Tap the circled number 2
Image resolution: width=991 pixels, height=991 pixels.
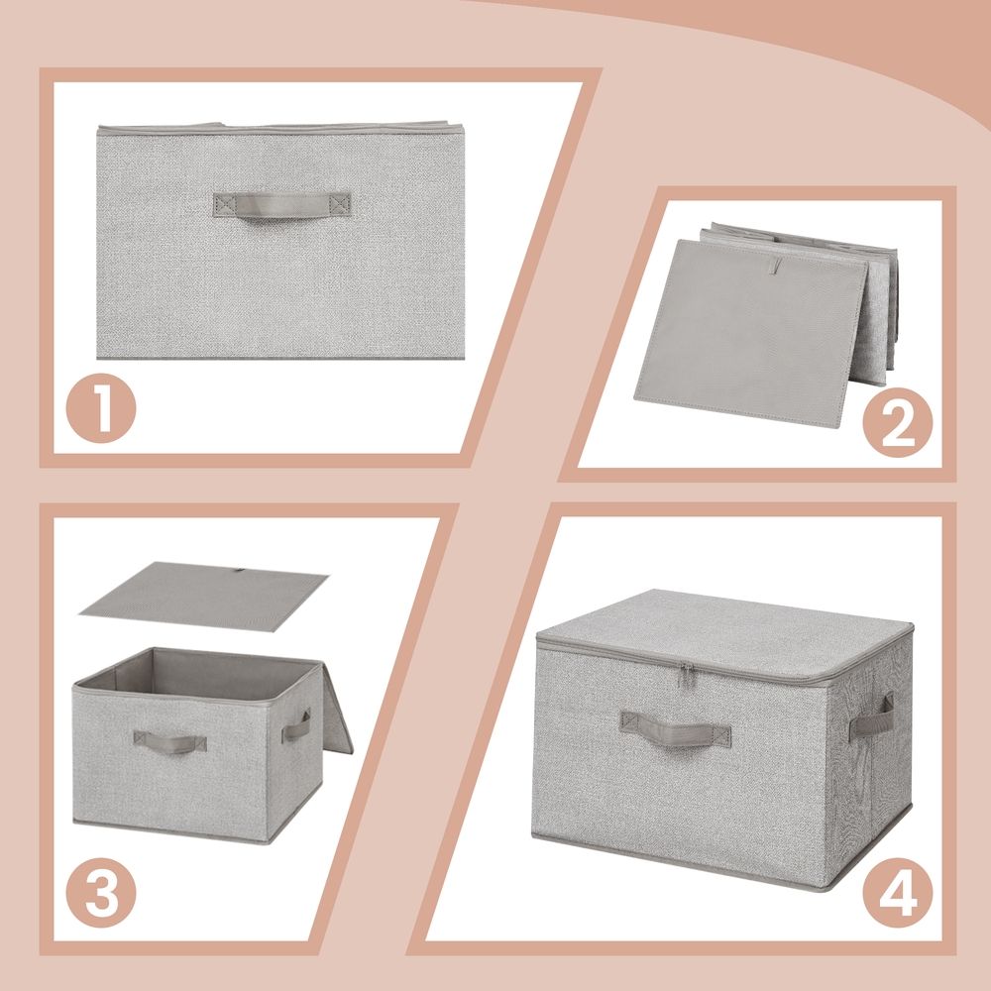click(897, 421)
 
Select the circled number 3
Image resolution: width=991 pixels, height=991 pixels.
click(101, 892)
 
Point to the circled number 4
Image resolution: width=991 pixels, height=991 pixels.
click(897, 892)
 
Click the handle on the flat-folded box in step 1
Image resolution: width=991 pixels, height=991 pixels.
click(281, 205)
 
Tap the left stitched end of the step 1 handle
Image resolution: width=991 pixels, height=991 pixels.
click(224, 204)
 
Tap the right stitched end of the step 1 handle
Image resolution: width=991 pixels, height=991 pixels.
click(340, 204)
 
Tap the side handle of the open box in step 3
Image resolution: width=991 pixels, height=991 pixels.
click(295, 727)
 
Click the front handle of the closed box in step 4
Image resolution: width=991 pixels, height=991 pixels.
click(675, 727)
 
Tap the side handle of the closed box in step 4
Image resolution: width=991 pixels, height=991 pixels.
click(871, 716)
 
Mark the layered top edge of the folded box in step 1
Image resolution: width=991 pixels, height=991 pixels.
click(281, 129)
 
